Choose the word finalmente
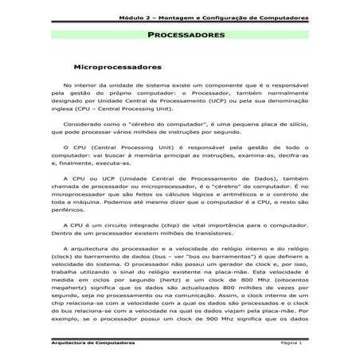pyautogui.click(x=70, y=159)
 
